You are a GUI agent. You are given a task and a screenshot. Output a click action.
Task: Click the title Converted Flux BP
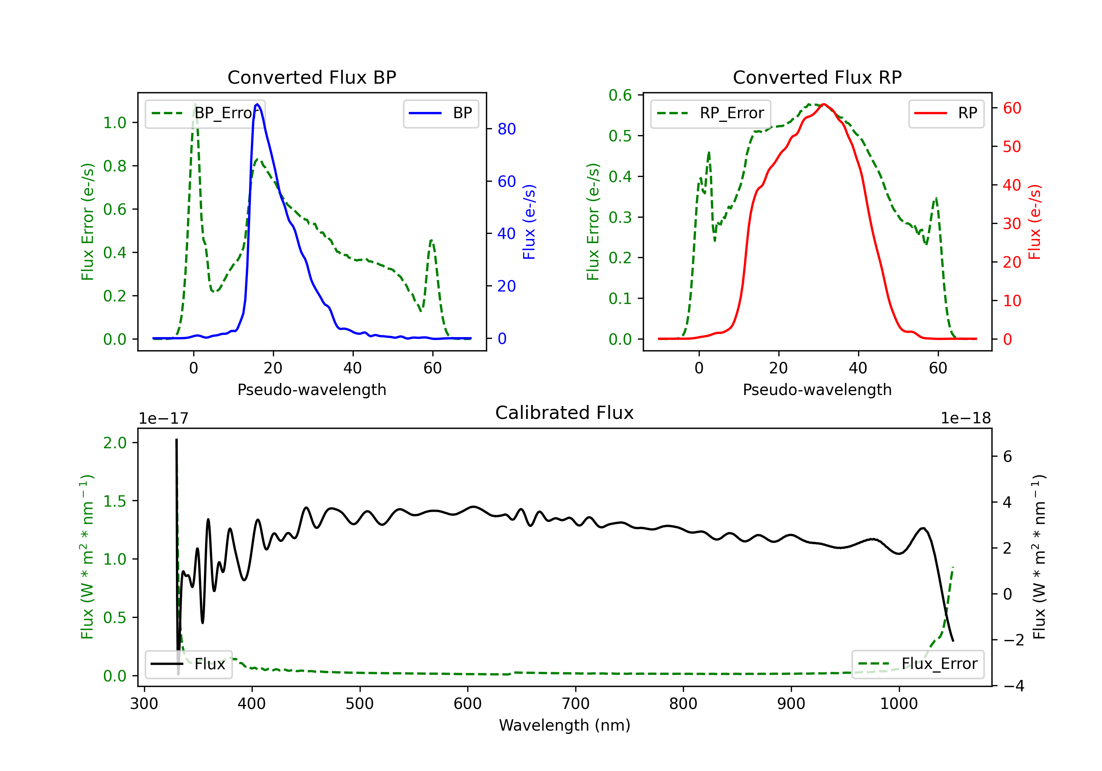tap(312, 77)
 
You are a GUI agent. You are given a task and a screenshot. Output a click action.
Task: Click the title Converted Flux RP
tap(817, 77)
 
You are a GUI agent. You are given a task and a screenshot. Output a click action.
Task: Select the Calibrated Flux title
tap(565, 413)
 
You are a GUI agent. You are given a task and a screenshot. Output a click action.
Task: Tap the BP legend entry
tap(440, 113)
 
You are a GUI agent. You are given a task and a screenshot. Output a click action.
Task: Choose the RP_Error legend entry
tap(710, 113)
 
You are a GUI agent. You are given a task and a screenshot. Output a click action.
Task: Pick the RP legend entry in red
tap(946, 113)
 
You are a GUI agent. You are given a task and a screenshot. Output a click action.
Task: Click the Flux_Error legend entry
tap(918, 664)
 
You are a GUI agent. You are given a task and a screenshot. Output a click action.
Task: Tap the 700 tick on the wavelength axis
tap(576, 704)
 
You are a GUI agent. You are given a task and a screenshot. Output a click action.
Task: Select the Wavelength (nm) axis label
tap(565, 725)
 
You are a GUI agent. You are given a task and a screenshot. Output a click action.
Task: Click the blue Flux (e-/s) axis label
tap(529, 222)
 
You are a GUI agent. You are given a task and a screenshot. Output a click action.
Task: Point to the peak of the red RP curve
tap(824, 104)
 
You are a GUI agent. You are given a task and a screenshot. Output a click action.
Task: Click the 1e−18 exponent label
tap(965, 419)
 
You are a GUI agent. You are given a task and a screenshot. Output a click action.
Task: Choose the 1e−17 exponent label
tap(164, 419)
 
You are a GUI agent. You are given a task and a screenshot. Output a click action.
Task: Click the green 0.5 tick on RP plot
tap(620, 136)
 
